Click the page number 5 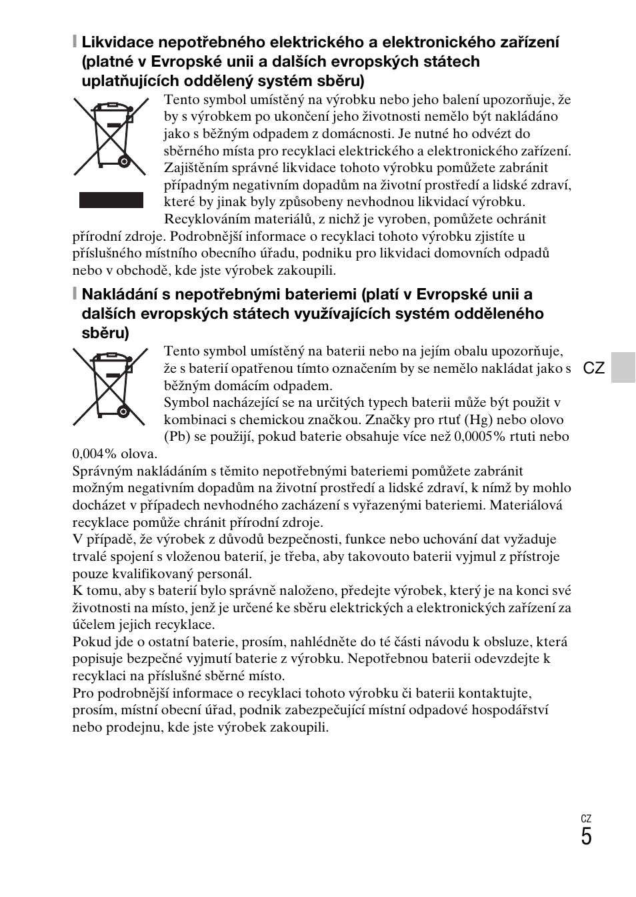click(x=585, y=837)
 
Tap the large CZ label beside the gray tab click(x=593, y=368)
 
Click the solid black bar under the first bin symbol click(x=111, y=200)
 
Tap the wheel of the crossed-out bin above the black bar click(x=123, y=161)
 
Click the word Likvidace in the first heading click(x=113, y=43)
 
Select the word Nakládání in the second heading click(x=117, y=295)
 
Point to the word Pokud click(x=91, y=642)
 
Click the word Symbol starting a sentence click(x=186, y=403)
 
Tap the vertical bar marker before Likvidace click(x=75, y=43)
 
